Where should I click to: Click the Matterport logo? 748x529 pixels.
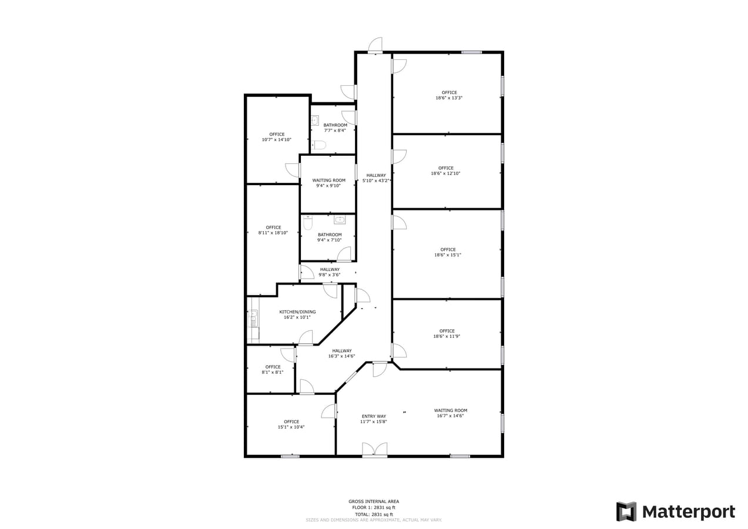(x=675, y=511)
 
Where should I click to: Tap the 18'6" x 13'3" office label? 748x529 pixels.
(x=449, y=95)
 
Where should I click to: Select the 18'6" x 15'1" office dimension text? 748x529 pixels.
(x=448, y=255)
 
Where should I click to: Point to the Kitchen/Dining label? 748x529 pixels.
(x=297, y=314)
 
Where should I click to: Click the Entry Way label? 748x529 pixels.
(x=373, y=418)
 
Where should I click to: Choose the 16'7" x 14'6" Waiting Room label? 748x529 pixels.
(x=451, y=413)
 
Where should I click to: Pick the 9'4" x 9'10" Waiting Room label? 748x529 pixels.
(x=328, y=183)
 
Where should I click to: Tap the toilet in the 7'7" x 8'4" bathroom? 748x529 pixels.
(x=319, y=145)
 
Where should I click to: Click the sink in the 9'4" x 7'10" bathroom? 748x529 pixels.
(x=340, y=220)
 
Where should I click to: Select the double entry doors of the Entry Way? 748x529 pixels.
(x=374, y=450)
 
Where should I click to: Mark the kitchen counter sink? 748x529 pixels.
(x=253, y=318)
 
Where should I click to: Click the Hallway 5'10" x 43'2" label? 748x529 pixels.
(x=375, y=178)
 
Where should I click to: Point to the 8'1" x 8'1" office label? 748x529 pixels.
(x=272, y=369)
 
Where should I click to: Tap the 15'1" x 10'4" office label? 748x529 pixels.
(x=291, y=424)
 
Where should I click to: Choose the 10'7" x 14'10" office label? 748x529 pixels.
(x=276, y=137)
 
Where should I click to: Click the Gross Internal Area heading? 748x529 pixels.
(x=373, y=501)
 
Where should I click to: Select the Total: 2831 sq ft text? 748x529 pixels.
(x=373, y=514)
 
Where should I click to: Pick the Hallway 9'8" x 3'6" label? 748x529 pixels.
(x=330, y=272)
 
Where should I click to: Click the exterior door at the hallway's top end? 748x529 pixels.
(x=375, y=46)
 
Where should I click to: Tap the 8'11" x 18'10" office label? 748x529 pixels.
(x=273, y=230)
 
